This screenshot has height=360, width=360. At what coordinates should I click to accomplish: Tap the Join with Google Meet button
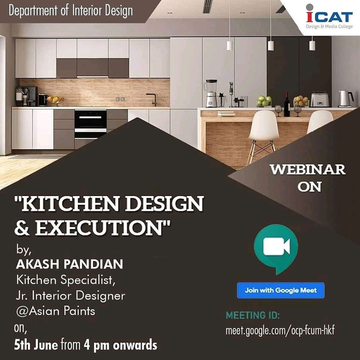pos(280,291)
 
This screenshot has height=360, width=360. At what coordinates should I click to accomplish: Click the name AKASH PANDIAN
pos(69,264)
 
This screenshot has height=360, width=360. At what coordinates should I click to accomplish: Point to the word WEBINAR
pos(308,170)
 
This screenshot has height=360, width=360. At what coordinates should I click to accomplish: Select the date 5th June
pos(36,345)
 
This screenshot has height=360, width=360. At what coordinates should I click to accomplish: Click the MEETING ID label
pos(253,315)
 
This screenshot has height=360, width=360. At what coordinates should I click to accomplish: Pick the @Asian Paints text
pos(55,311)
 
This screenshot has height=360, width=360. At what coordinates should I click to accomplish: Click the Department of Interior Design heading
pos(71,11)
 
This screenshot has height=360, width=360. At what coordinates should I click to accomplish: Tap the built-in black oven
pos(90,124)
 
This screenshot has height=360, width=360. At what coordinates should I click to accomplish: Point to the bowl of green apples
pos(264,101)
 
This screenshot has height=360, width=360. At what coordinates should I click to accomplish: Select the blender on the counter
pos(211,94)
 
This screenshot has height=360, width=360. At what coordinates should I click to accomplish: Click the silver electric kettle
pos(346,99)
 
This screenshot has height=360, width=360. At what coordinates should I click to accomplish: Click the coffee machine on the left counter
pos(26,96)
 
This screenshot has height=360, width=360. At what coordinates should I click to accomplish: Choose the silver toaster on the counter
pos(320,99)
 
